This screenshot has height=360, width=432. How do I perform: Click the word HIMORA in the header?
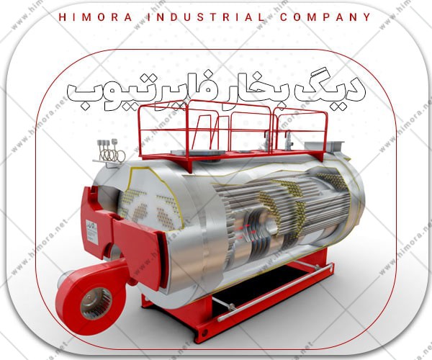pos(96,17)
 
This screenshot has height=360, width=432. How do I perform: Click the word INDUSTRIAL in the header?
pos(205,17)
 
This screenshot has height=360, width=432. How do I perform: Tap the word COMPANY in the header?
pos(325,17)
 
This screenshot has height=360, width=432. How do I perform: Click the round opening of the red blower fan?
pos(96,302)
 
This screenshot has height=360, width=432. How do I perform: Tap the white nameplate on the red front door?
pos(92,232)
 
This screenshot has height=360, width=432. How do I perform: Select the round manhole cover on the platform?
pos(197,153)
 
